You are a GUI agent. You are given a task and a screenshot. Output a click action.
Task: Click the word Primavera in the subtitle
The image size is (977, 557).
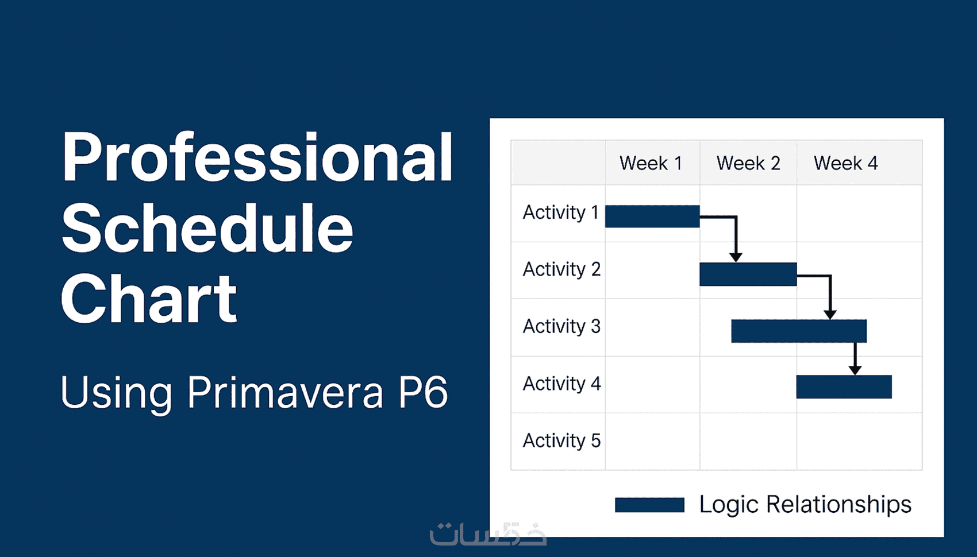coord(285,392)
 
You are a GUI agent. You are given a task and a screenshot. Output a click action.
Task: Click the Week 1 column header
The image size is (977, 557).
coord(651,164)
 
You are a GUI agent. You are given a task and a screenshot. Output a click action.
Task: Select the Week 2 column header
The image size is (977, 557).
coord(748,164)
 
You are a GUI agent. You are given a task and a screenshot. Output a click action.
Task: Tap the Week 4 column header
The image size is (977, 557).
coord(846,164)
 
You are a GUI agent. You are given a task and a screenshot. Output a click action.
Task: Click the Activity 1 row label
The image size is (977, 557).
coord(560,213)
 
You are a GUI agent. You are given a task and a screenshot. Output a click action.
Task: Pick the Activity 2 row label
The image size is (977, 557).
coord(562,270)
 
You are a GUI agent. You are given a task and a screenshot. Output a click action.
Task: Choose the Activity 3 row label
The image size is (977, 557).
coord(562,327)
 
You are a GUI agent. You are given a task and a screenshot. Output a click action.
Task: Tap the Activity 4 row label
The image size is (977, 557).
coord(562,384)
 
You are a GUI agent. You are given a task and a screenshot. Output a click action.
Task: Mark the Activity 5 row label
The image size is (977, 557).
coord(562,441)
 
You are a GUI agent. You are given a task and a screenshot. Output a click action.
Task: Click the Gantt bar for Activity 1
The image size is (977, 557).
coord(652,216)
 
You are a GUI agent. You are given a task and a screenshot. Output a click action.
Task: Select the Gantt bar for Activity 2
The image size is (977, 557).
coord(748,274)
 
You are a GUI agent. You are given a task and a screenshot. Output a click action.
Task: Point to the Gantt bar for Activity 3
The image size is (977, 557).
coord(799,331)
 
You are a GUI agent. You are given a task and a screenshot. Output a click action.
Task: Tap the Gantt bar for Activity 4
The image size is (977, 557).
coord(844,386)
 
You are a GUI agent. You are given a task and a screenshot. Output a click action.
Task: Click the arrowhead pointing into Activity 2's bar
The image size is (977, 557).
coord(736,258)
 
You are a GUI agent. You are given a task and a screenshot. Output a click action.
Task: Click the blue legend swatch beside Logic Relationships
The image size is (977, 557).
coord(649,505)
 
